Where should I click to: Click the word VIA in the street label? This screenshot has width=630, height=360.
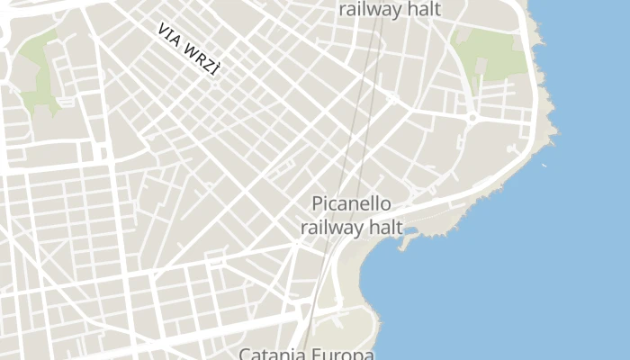coord(169,35)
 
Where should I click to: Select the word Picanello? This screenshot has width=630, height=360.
coord(351,204)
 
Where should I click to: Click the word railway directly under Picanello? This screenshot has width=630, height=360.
coord(332,228)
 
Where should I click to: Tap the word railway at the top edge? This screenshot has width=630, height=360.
coord(370,10)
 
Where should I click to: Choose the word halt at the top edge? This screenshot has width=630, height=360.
coord(422,10)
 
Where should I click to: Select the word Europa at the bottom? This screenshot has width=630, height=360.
coord(338,354)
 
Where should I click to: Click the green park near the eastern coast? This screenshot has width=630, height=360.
coord(490,54)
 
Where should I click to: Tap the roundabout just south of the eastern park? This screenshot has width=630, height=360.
coord(471,117)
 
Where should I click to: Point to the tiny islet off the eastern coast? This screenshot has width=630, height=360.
coord(544,165)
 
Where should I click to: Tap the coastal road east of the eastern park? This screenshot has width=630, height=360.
coord(536,72)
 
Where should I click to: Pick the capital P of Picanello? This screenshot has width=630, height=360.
coord(318,204)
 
